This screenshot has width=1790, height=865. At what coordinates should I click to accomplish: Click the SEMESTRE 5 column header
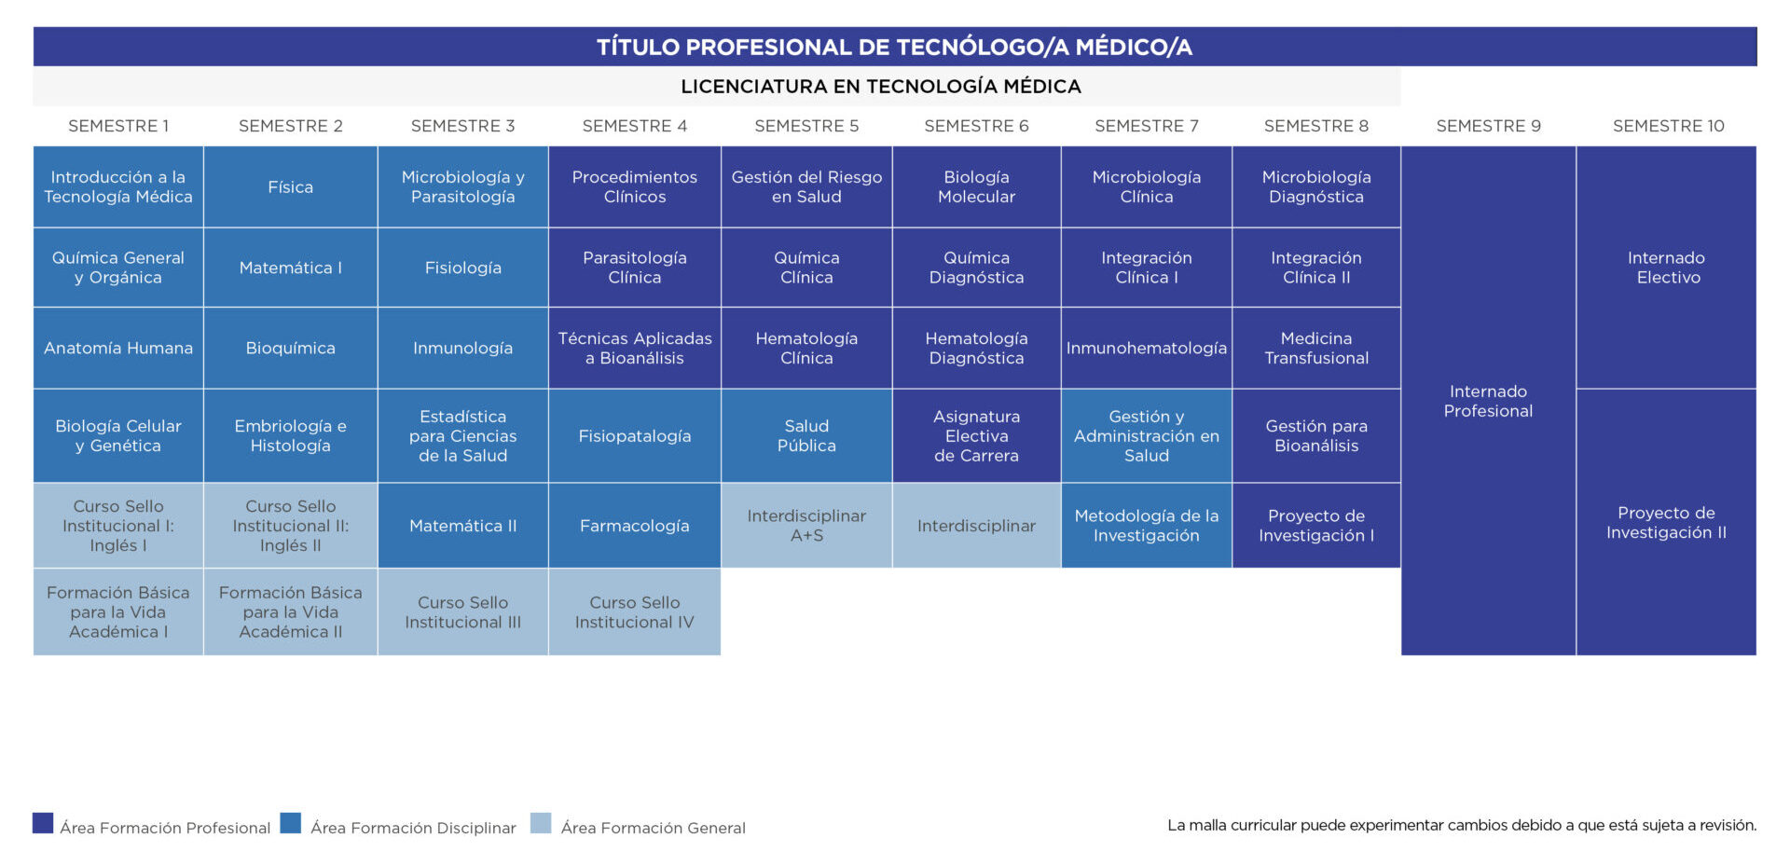pos(806,126)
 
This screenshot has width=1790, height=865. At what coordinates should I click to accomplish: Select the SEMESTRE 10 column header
pos(1668,126)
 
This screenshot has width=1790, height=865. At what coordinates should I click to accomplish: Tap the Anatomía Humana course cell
pos(118,348)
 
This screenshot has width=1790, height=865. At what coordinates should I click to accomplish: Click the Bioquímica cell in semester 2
pos(290,348)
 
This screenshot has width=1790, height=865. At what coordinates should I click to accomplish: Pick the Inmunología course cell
pos(462,348)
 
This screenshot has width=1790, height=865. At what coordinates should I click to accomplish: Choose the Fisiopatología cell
pos(635,436)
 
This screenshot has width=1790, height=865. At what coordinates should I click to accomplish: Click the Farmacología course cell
pos(635,526)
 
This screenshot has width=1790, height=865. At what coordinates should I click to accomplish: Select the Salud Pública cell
pos(806,436)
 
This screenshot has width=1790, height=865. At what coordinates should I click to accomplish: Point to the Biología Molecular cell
pos(976,186)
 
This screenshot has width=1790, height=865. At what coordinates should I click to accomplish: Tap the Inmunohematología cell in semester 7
pos(1147,348)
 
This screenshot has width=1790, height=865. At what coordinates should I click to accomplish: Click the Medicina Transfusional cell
pos(1316,348)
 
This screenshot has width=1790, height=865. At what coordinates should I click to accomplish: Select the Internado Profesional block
pos(1488,401)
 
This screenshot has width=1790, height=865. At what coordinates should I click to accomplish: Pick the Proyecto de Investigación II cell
pos(1666,522)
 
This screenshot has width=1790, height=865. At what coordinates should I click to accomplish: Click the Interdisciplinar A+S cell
pos(806,526)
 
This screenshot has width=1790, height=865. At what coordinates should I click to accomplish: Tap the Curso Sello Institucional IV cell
pos(635,612)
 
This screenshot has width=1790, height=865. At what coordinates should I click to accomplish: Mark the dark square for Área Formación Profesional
pos(43,823)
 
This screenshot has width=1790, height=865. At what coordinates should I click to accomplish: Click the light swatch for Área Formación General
pos(541,823)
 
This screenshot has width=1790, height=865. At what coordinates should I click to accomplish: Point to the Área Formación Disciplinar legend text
pos(413,828)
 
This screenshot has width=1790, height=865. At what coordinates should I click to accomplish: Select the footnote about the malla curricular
pos(1462,825)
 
